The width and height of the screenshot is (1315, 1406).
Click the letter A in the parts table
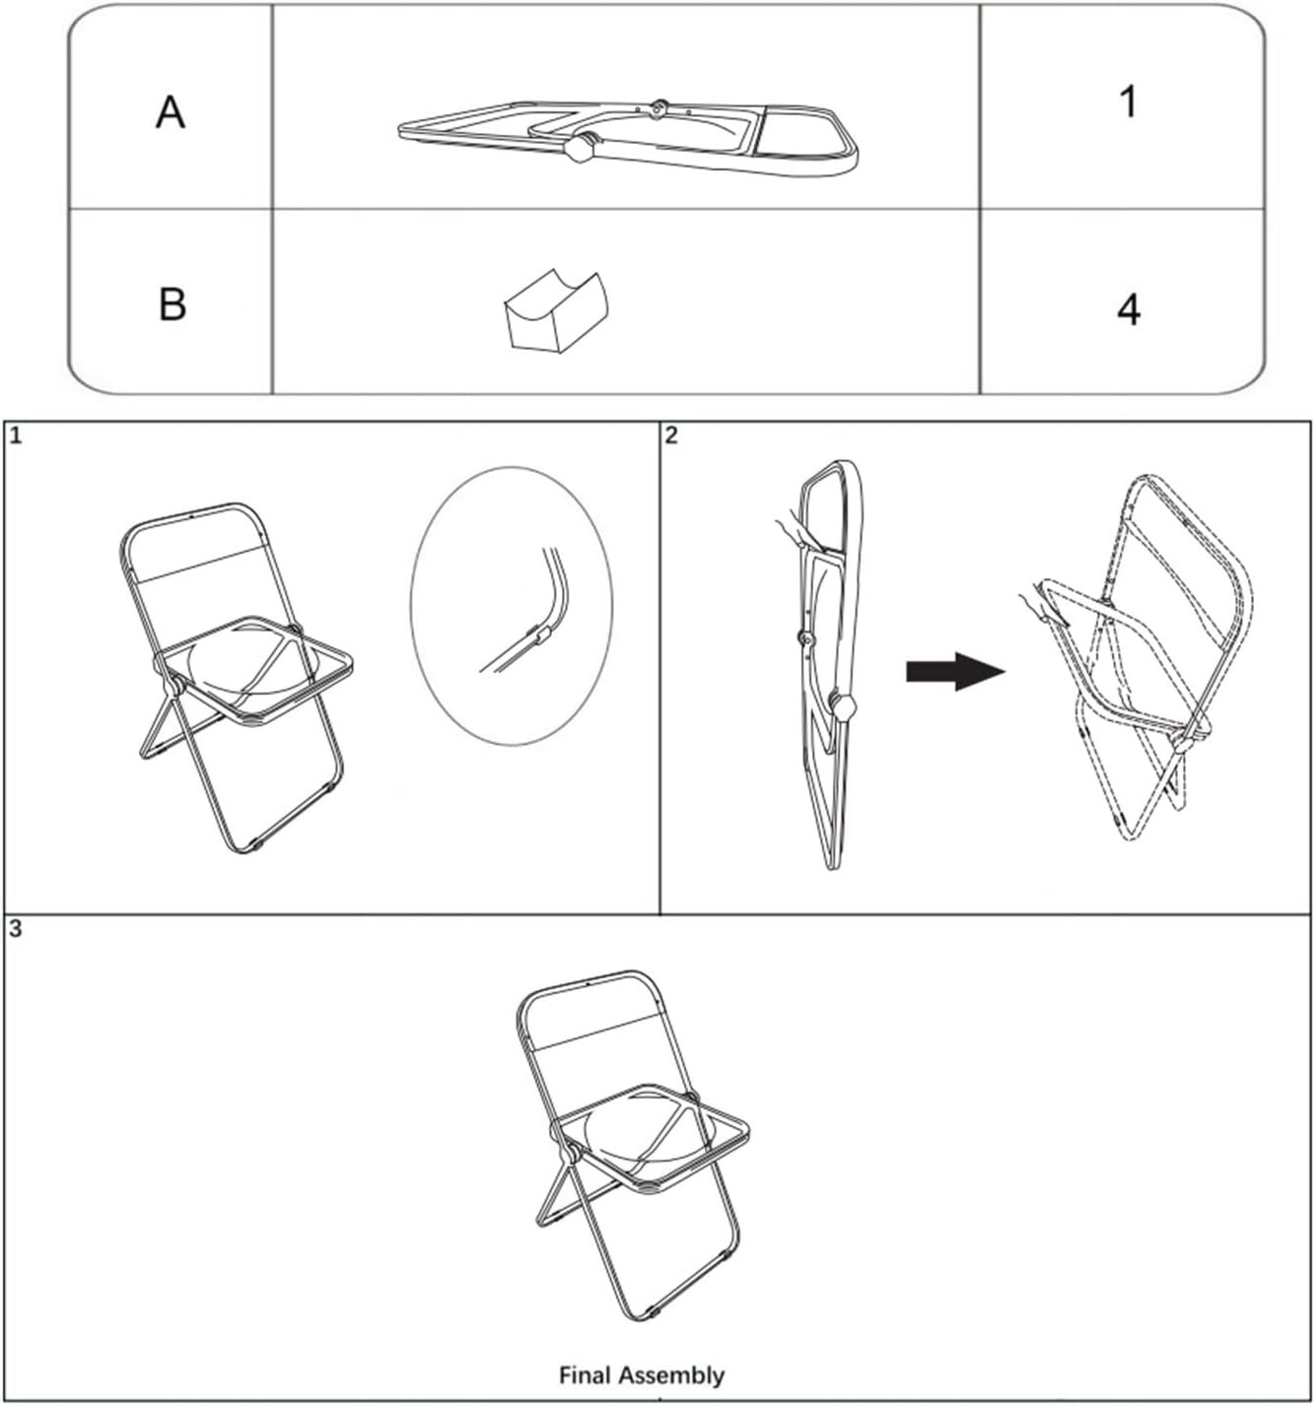click(170, 113)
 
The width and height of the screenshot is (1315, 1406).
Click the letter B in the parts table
click(173, 303)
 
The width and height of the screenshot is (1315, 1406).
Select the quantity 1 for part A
click(1129, 101)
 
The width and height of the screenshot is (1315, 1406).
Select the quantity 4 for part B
click(1129, 309)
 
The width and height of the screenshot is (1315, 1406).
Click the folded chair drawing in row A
click(628, 137)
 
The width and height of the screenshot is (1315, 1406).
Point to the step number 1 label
click(16, 436)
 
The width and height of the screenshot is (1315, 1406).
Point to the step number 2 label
click(671, 436)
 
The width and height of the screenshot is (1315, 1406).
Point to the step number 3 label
click(16, 930)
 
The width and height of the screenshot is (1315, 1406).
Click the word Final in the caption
click(586, 1374)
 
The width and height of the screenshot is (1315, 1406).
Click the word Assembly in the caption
click(671, 1376)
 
